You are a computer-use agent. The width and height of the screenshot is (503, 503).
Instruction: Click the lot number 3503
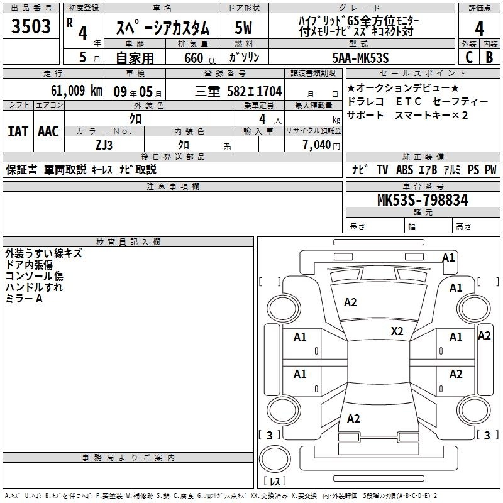pos(31,26)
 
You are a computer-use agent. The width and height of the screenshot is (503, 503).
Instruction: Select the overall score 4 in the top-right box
pos(479,28)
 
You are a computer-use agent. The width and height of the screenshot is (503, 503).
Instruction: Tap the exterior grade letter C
pos(469,57)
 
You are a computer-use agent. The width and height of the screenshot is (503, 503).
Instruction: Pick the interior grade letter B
pos(489,57)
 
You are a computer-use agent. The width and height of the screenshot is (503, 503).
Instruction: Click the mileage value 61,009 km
pos(77,91)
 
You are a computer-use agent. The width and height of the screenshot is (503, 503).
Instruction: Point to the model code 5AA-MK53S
pos(360,58)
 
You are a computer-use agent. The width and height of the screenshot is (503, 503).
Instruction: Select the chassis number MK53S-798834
pos(423,200)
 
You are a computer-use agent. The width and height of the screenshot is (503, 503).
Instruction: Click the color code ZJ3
pos(104,145)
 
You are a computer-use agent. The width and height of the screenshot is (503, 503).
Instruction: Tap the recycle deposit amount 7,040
pos(317,145)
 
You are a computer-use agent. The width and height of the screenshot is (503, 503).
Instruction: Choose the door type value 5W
pos(243,28)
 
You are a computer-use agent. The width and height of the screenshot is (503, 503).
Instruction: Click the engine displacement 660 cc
pos(200,58)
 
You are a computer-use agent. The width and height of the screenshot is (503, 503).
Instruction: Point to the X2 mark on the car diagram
pos(397,331)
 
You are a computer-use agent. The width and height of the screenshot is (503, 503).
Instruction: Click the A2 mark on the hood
pos(350,302)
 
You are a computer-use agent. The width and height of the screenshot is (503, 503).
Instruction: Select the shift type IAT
pos(18,131)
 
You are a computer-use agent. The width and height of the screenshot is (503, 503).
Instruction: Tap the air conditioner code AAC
pos(48,131)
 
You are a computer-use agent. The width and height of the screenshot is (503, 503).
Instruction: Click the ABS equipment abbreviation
pos(404,169)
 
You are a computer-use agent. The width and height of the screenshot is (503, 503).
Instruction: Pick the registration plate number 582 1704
pos(255,91)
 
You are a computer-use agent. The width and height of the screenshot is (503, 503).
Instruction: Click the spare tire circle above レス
pos(275,459)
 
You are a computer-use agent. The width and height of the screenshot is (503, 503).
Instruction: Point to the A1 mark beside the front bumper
pos(448,258)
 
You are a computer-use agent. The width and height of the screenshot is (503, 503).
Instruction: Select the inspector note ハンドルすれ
pos(34,287)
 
